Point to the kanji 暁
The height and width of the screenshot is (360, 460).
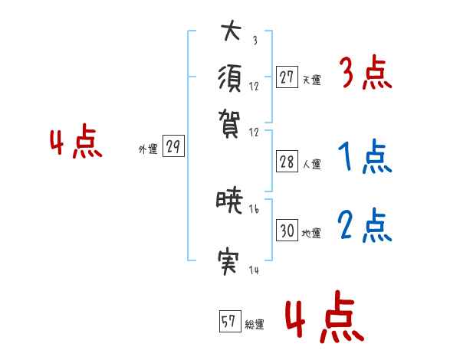tap(229, 202)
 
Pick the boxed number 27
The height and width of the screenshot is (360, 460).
tap(287, 77)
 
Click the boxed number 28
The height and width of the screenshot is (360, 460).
tap(287, 162)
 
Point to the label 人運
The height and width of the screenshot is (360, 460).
tap(311, 164)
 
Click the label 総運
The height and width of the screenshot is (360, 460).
tap(255, 325)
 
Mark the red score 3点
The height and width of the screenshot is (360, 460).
tap(365, 75)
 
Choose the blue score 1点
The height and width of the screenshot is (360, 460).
tap(365, 159)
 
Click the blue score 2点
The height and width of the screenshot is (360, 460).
tap(365, 227)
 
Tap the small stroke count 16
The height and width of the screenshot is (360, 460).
tap(255, 209)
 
